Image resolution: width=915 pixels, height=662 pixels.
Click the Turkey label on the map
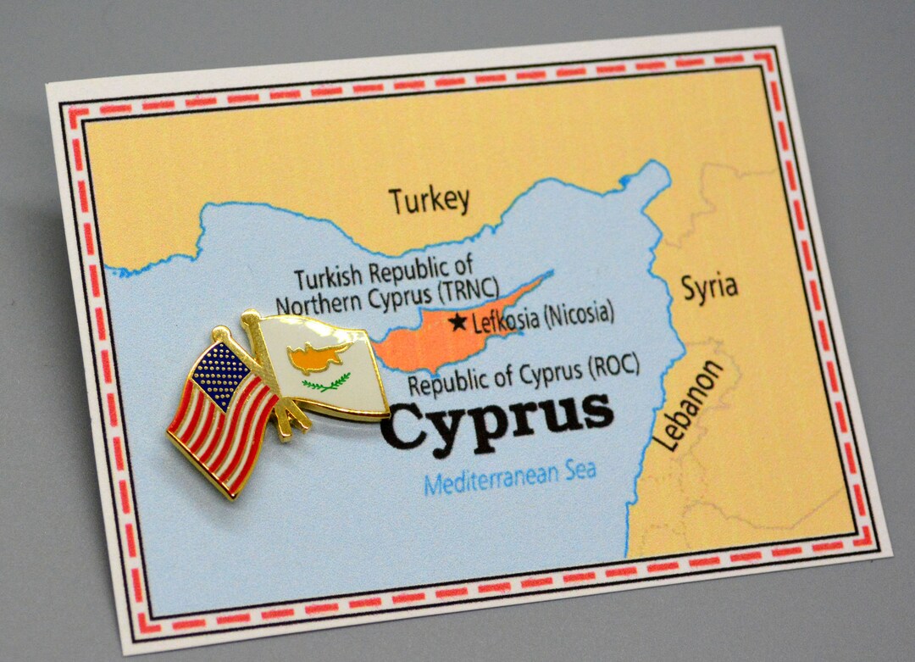[x=429, y=200]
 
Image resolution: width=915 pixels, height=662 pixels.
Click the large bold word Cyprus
[x=497, y=419]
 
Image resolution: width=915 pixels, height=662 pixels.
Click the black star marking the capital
[x=458, y=322]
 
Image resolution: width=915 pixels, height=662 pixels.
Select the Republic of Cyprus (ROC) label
[x=523, y=376]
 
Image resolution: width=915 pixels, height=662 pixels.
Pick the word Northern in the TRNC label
[x=317, y=304]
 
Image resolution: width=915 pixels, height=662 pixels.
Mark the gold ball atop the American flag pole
[x=219, y=334]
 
